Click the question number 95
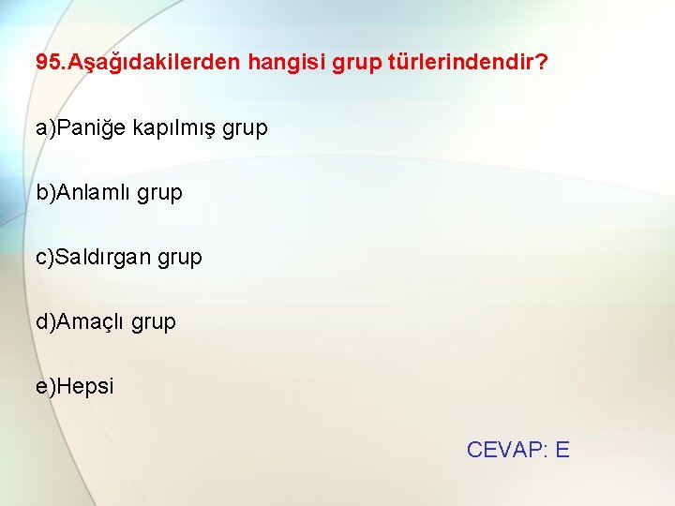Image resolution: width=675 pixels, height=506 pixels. pos(48,63)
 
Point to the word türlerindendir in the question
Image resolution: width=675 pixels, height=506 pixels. pos(459,63)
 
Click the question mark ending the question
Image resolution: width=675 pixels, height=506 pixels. pos(543,63)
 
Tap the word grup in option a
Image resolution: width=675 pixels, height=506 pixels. pos(246,129)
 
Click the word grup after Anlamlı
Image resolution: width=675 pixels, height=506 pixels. pos(160,194)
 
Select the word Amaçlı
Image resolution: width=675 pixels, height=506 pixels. pos(91,322)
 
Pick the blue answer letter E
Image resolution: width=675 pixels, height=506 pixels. pos(562,450)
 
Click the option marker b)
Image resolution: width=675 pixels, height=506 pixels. pos(46,192)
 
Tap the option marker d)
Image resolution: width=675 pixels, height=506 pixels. pos(46,321)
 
